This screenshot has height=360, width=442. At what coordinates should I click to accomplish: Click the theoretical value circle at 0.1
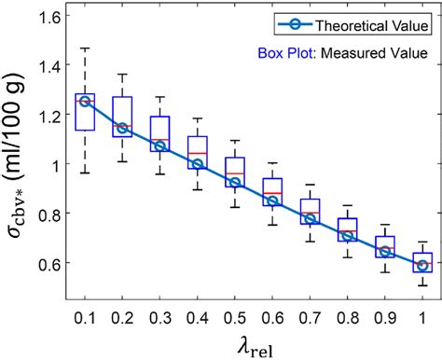85,101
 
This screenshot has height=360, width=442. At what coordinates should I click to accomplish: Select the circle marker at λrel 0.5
235,183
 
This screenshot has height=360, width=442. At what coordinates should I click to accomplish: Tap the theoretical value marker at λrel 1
422,265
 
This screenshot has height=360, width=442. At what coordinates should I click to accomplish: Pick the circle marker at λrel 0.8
348,236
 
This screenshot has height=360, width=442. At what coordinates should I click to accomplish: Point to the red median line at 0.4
198,153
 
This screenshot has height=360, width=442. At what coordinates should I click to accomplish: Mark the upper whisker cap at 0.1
85,48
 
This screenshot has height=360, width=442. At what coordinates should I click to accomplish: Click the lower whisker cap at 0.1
85,173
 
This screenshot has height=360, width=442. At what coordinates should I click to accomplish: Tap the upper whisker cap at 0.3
160,97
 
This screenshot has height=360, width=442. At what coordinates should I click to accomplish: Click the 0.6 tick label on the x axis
272,307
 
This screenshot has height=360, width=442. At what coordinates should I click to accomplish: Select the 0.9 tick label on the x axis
385,307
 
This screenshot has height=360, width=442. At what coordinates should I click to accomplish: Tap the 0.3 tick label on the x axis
160,307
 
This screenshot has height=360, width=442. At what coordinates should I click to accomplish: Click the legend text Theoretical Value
363,23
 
